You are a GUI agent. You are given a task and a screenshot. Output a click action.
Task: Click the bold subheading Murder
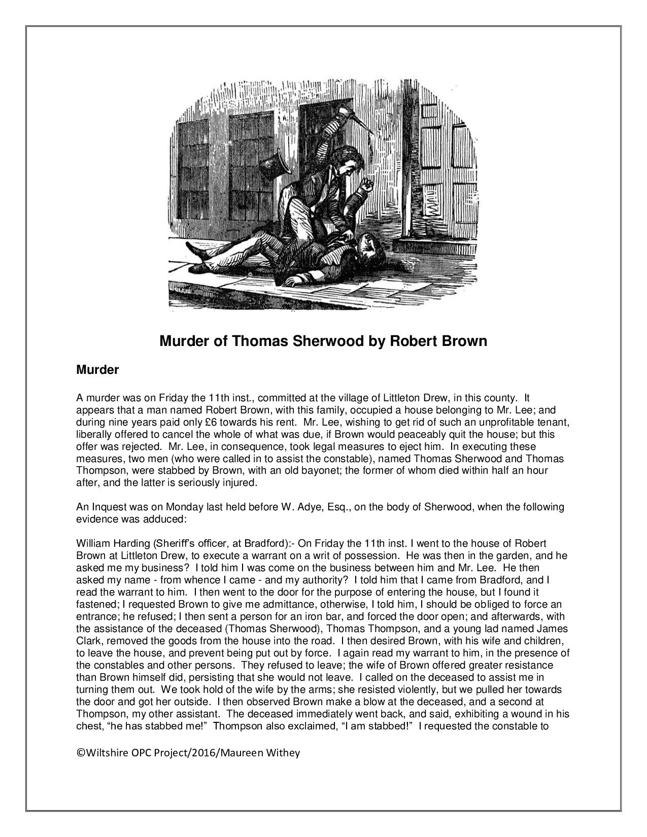tap(97, 370)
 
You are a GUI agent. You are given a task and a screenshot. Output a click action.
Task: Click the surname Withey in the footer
tap(286, 753)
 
